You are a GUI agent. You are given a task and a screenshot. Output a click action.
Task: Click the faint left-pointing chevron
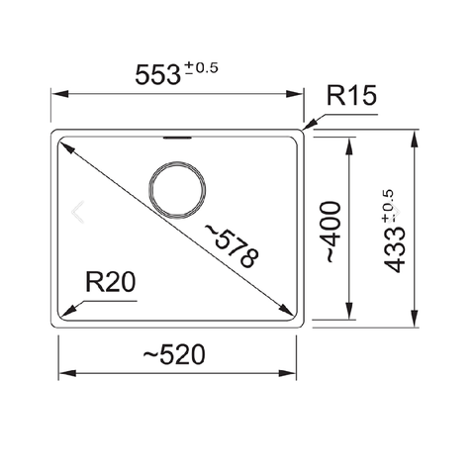coord(80,210)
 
